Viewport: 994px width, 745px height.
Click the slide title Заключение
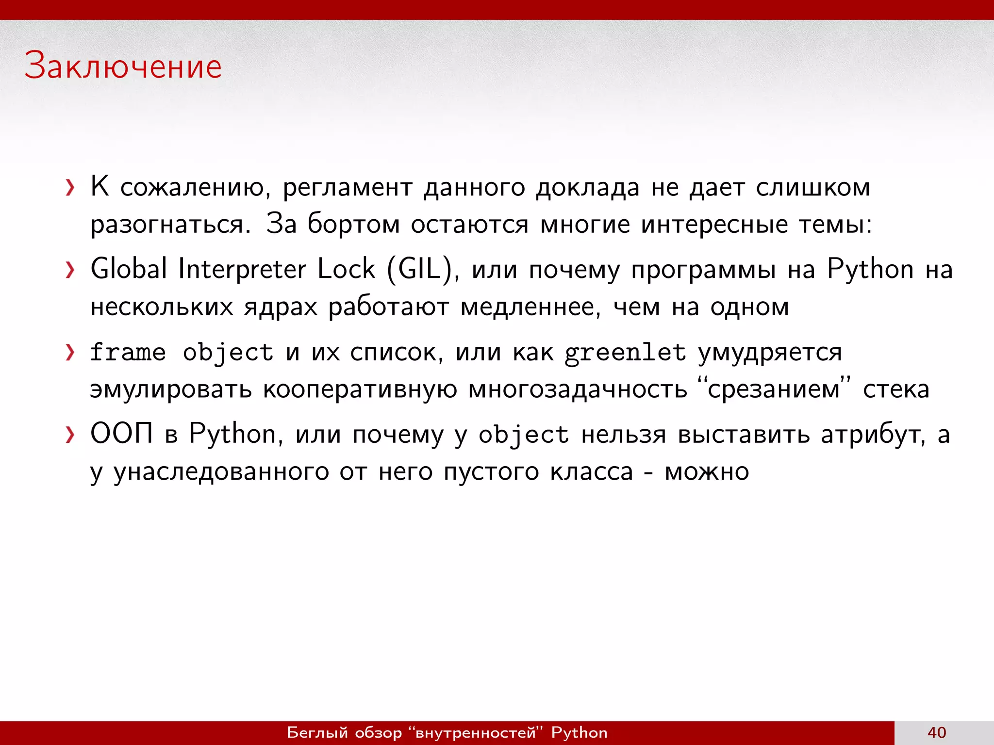click(123, 66)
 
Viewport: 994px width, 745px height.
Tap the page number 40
click(937, 732)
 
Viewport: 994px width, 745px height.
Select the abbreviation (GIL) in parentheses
click(422, 270)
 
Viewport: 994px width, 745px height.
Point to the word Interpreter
click(242, 270)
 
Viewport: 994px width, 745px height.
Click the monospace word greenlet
click(625, 353)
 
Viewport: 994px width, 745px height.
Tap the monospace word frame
click(128, 352)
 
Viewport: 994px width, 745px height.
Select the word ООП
click(122, 433)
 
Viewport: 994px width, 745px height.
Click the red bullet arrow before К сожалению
click(70, 187)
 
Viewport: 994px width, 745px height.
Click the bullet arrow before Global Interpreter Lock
click(70, 270)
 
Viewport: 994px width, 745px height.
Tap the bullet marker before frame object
click(70, 353)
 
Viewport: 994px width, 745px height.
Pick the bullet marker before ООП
click(70, 435)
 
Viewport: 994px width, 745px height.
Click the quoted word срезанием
click(774, 389)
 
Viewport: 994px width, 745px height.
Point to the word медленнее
click(530, 307)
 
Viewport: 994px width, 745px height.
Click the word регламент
click(348, 188)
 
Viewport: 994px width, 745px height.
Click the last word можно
click(707, 472)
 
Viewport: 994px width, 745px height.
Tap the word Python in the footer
click(579, 733)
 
